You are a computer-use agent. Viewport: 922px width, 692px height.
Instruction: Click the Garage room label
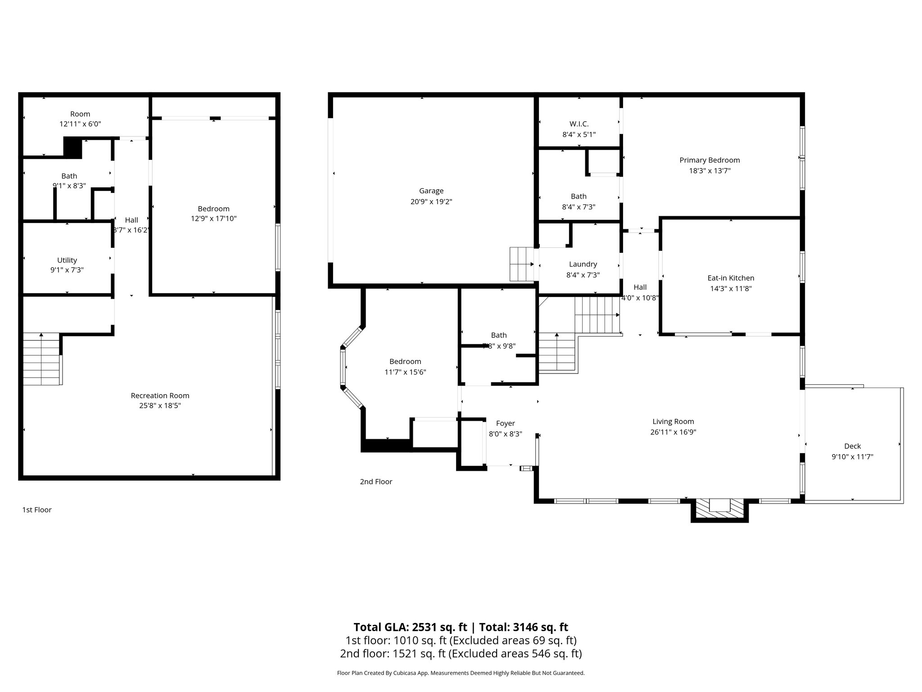click(431, 191)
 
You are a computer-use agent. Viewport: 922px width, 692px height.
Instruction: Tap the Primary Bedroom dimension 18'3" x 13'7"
click(710, 171)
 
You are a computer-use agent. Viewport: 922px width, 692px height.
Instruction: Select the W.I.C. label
click(579, 124)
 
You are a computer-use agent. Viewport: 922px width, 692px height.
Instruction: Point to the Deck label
click(852, 446)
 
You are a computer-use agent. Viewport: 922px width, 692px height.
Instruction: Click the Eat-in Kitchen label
click(731, 278)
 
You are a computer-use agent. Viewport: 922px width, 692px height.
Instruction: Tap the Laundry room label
click(583, 264)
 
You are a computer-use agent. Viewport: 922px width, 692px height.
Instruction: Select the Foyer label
click(505, 423)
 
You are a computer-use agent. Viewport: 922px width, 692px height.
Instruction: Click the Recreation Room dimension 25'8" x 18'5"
click(160, 405)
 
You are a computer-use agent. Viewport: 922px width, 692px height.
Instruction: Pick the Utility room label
click(67, 260)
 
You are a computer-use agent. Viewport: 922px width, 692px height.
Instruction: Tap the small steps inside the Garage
click(521, 264)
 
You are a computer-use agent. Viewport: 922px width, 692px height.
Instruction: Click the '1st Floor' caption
click(37, 510)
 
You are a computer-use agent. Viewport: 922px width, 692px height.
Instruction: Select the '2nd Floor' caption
click(376, 482)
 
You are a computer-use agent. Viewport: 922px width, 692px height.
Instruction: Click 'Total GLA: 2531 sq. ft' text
click(410, 627)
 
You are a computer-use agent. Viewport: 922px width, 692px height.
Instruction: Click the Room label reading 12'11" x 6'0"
click(80, 114)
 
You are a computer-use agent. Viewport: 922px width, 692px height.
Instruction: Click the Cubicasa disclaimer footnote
click(461, 673)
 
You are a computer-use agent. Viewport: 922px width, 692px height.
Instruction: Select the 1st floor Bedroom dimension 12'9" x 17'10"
click(213, 219)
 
